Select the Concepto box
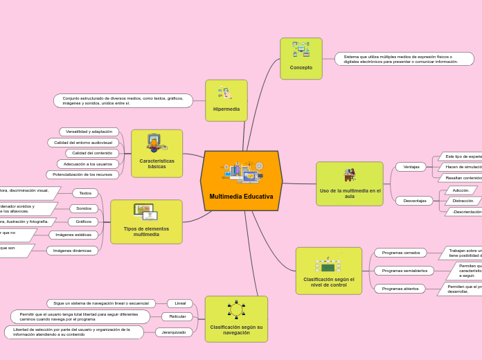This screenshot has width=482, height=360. (x=301, y=59)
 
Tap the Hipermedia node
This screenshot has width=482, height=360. (x=226, y=100)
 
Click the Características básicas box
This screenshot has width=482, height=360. (x=157, y=154)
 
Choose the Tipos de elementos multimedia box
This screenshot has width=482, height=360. (x=146, y=222)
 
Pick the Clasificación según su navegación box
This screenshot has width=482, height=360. (x=236, y=319)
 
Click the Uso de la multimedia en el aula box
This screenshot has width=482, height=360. (x=349, y=184)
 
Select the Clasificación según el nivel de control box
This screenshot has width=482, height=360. (x=328, y=271)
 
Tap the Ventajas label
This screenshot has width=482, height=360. (x=411, y=167)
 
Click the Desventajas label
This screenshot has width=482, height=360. (x=414, y=201)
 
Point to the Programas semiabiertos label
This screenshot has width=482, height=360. (x=404, y=271)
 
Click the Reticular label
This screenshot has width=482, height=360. (x=177, y=316)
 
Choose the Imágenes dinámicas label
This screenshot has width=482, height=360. (x=73, y=251)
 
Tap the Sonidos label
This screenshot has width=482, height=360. (x=84, y=208)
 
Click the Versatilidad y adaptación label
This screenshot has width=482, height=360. (x=89, y=132)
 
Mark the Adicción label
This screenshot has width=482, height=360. (x=461, y=190)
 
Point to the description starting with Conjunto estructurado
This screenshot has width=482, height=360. (x=123, y=101)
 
